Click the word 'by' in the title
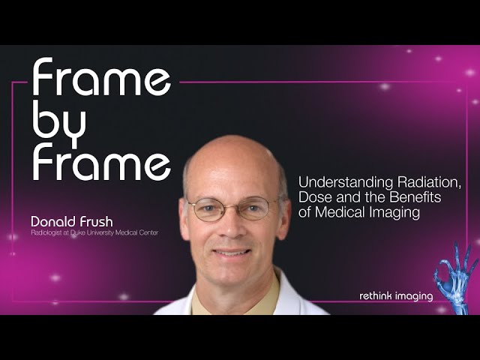59,124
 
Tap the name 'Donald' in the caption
53,221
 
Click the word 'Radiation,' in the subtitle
429,182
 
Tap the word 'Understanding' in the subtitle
346,183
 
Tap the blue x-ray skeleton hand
455,277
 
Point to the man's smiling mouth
232,253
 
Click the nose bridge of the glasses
232,205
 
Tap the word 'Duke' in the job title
76,232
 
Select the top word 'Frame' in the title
101,76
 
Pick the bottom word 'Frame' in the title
101,161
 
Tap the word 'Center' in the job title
150,232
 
